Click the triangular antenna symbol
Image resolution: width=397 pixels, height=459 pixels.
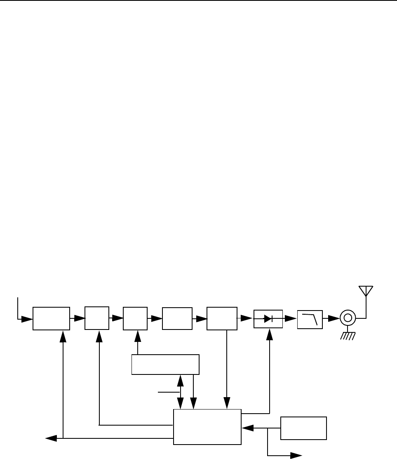365,290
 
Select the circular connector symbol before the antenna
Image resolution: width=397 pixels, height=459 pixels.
347,318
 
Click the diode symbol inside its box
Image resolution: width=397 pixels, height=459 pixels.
268,318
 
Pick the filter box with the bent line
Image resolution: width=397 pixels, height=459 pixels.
310,318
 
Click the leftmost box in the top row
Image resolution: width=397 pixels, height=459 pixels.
51,318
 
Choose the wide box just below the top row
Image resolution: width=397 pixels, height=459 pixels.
165,364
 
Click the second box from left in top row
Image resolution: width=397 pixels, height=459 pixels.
97,318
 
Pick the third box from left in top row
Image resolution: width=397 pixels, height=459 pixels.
135,318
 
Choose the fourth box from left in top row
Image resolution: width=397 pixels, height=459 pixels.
177,318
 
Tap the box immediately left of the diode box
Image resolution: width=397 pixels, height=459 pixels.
222,318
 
